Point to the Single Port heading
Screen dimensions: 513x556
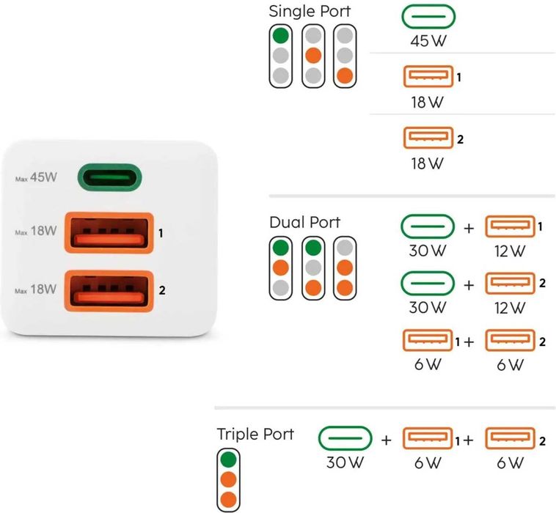(x=310, y=11)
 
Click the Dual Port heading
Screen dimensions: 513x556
(x=304, y=222)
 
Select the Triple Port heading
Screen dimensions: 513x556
(x=255, y=434)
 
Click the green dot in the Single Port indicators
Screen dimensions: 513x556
(x=280, y=35)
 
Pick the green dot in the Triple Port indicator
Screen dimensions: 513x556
(x=229, y=460)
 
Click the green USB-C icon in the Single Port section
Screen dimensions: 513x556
(x=429, y=17)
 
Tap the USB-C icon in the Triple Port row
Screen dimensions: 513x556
(x=345, y=440)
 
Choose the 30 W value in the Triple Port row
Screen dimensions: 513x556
(x=345, y=463)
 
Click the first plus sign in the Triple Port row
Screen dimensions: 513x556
(x=387, y=440)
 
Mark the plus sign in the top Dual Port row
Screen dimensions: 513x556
(x=469, y=228)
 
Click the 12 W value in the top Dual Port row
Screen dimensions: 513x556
(x=510, y=251)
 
